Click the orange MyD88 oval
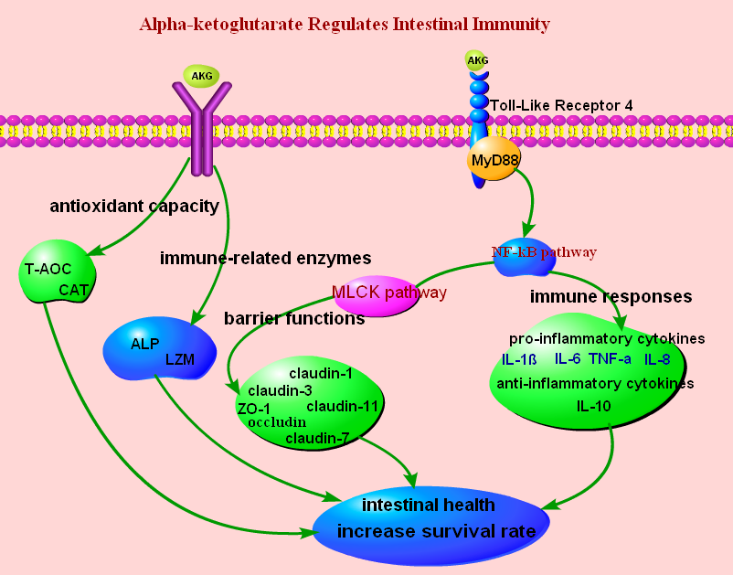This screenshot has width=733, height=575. [494, 161]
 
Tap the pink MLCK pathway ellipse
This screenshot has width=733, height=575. [388, 294]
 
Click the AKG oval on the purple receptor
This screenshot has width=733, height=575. [201, 76]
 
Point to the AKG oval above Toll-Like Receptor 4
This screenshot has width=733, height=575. [477, 61]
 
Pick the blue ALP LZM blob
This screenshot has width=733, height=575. [160, 351]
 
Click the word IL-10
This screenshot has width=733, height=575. [593, 405]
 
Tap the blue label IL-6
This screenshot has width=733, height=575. [568, 358]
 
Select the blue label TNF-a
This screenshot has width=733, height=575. [610, 358]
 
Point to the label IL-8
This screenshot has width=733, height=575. [656, 359]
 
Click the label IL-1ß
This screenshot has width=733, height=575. [520, 359]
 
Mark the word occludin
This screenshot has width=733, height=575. [277, 422]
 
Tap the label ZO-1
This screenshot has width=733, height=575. [253, 408]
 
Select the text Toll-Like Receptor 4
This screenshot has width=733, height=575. [561, 105]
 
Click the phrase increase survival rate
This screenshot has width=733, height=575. [430, 531]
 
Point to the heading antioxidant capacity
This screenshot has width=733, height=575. [134, 206]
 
